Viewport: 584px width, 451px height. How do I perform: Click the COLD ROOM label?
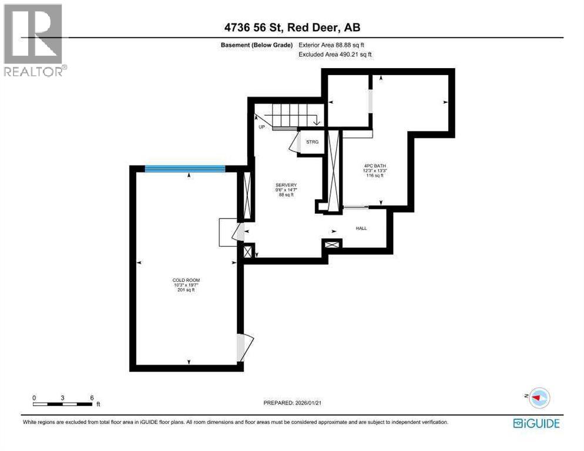click(x=186, y=280)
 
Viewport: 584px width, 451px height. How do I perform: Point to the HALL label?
click(x=361, y=228)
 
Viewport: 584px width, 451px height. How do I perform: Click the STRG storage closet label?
click(x=312, y=142)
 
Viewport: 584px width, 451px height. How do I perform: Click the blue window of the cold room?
click(x=185, y=169)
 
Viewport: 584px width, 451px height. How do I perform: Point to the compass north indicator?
click(x=538, y=398)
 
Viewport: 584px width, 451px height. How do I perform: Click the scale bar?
click(x=63, y=403)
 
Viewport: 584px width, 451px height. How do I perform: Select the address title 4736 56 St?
click(x=291, y=26)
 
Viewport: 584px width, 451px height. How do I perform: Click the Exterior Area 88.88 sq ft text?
click(x=335, y=45)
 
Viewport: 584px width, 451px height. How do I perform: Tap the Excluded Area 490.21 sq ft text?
click(x=335, y=54)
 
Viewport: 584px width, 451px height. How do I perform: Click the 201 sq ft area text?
click(x=186, y=290)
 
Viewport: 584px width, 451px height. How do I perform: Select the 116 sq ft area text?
click(x=374, y=176)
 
